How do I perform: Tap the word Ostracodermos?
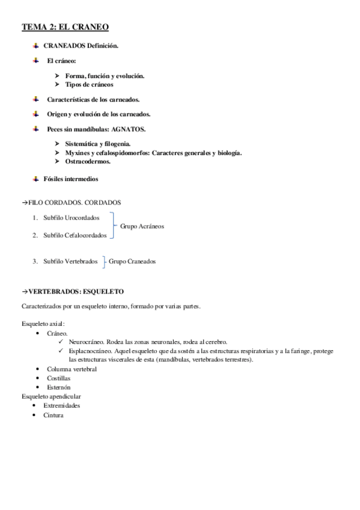click(88, 162)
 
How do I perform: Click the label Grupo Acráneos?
click(142, 226)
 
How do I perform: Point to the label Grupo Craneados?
click(132, 261)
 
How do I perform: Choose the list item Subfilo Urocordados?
click(72, 217)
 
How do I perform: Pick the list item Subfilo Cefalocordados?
click(75, 235)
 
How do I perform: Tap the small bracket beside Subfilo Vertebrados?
click(104, 261)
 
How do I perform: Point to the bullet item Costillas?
click(58, 378)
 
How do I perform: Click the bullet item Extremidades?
click(62, 405)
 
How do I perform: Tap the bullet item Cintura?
click(53, 414)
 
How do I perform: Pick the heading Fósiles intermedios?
click(71, 179)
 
